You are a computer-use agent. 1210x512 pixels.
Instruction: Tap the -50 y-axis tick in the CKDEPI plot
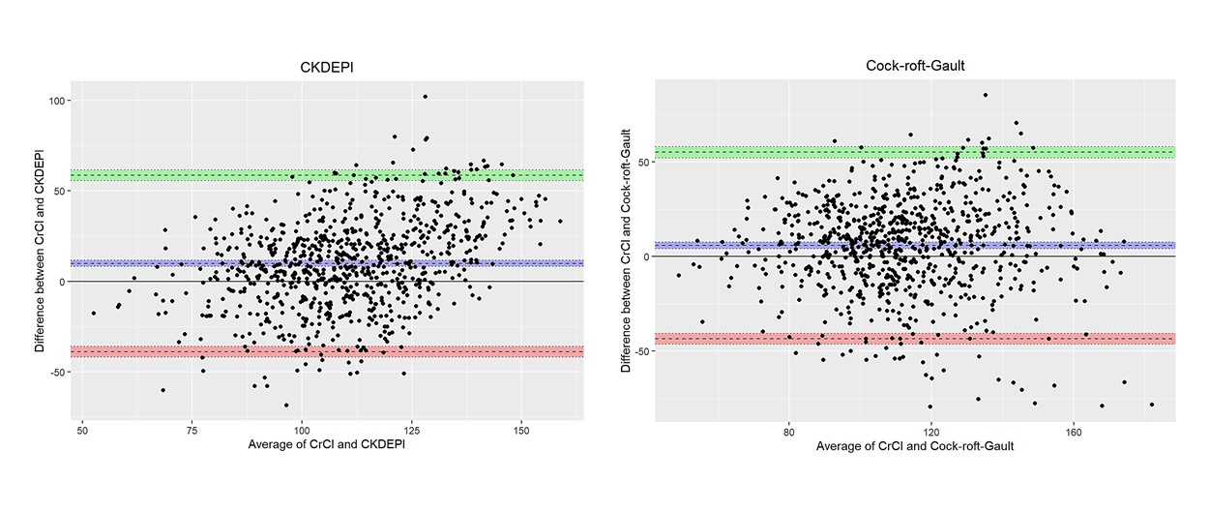point(65,372)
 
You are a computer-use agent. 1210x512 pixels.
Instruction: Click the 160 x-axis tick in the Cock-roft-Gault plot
point(1075,431)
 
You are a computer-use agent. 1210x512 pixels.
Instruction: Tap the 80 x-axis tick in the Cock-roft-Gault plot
point(788,431)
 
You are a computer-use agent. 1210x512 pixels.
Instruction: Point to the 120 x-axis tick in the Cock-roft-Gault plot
point(931,431)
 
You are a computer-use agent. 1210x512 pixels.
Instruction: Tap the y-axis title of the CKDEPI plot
point(42,247)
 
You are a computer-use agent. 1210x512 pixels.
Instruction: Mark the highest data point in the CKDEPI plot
point(425,97)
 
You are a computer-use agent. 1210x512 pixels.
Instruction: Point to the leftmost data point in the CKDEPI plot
point(94,313)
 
